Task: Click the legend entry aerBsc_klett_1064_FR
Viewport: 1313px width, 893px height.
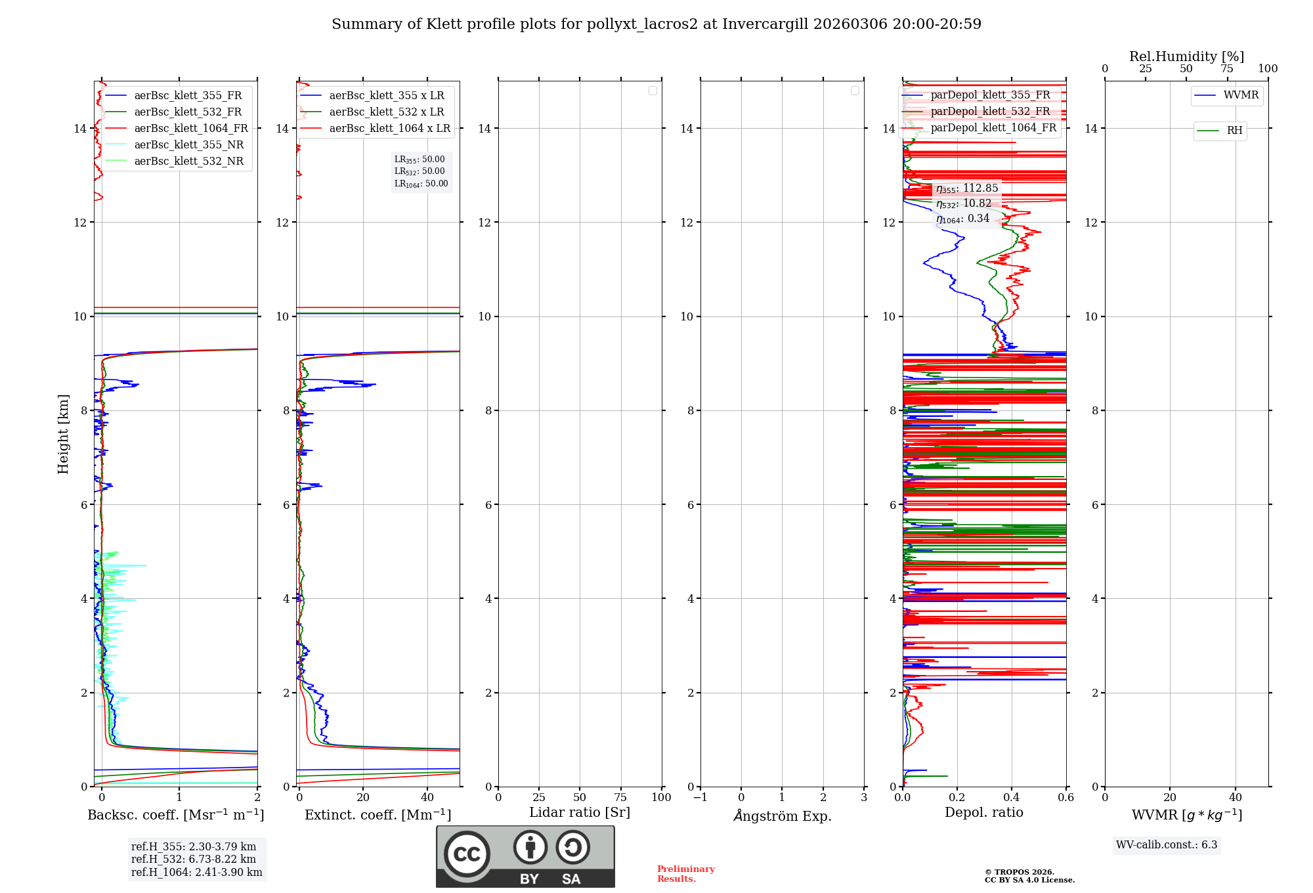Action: point(190,129)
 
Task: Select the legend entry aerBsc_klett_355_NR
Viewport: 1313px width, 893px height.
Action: point(188,145)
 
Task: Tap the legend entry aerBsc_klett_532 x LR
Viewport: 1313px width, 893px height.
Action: point(386,112)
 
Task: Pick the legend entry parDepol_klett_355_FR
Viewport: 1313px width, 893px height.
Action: point(990,95)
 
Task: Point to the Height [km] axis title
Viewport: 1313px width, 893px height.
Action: point(63,434)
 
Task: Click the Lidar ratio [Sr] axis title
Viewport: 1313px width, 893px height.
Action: point(580,813)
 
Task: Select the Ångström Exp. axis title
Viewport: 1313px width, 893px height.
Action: point(782,816)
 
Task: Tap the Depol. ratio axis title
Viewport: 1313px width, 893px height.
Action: point(983,813)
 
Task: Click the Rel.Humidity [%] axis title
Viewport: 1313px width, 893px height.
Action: point(1186,56)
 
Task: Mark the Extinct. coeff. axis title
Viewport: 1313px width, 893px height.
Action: point(377,815)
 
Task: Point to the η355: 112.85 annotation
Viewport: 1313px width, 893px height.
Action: point(967,188)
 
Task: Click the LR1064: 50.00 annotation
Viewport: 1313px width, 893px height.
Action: point(421,184)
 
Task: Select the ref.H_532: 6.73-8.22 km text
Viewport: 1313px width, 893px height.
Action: point(194,860)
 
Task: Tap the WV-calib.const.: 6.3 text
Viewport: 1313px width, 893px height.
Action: point(1167,845)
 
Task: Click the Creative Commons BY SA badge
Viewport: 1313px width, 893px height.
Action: point(525,856)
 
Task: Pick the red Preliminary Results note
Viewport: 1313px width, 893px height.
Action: point(685,874)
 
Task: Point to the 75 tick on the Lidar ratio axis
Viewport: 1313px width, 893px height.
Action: point(620,797)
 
